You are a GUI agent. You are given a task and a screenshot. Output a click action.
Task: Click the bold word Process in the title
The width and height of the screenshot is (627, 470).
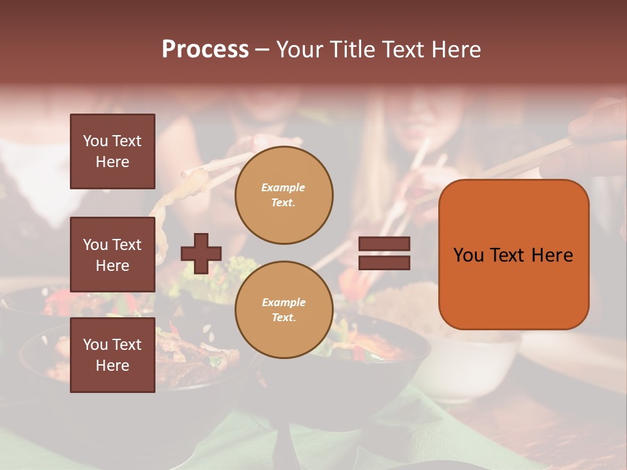pyautogui.click(x=205, y=49)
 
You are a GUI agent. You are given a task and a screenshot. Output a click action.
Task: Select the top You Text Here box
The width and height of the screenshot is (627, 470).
pyautogui.click(x=112, y=151)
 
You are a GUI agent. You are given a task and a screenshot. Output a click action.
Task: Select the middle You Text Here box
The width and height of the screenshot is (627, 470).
pyautogui.click(x=112, y=255)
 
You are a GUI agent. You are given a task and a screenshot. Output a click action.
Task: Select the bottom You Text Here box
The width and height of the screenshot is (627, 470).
pyautogui.click(x=112, y=355)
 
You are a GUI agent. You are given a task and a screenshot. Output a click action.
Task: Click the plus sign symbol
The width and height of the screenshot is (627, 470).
pyautogui.click(x=201, y=253)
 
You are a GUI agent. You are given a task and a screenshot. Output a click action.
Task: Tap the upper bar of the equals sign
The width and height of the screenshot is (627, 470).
pyautogui.click(x=385, y=244)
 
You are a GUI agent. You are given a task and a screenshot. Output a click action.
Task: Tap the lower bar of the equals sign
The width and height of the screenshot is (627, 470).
pyautogui.click(x=385, y=262)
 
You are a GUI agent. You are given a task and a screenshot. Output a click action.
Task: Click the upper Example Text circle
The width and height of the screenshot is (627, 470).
pyautogui.click(x=283, y=195)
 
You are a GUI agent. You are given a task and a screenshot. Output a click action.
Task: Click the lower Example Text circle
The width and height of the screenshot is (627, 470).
pyautogui.click(x=283, y=309)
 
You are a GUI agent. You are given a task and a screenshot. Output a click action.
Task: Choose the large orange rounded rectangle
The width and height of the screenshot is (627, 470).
pyautogui.click(x=513, y=255)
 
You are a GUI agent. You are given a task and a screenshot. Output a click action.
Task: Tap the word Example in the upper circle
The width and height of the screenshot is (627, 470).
pyautogui.click(x=283, y=187)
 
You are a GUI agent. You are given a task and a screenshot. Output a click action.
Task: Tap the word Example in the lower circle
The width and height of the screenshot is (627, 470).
pyautogui.click(x=283, y=302)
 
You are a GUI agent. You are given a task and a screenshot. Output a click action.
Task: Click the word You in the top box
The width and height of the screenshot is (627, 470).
pyautogui.click(x=95, y=141)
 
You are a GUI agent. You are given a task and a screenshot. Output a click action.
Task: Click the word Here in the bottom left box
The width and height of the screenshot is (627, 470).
pyautogui.click(x=112, y=366)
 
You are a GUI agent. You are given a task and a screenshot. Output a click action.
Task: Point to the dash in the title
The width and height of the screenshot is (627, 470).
pyautogui.click(x=262, y=50)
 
